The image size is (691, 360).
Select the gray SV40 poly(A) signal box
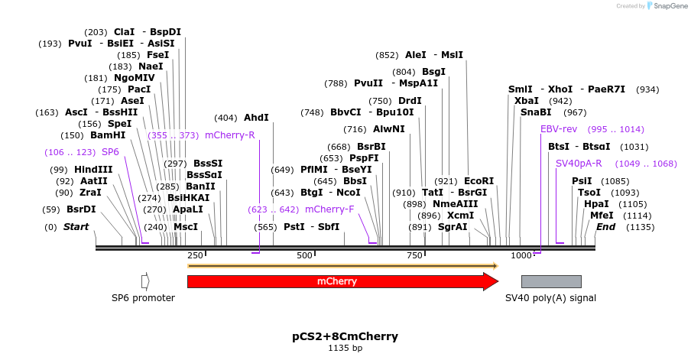(550, 281)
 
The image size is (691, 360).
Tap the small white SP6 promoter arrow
(145, 281)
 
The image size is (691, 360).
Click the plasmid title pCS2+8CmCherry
(345, 336)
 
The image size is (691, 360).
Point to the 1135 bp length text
(345, 349)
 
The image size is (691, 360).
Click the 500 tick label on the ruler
(305, 255)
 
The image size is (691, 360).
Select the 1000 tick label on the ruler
(521, 255)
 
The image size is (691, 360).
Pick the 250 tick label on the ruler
(195, 255)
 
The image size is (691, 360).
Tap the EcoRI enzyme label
(479, 181)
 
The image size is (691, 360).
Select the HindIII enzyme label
(93, 169)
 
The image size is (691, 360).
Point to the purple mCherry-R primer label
(230, 135)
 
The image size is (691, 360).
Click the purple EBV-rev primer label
(559, 129)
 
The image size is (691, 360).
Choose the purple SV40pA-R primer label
(579, 163)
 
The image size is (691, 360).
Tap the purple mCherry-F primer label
(329, 209)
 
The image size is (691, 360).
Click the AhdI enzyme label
(256, 118)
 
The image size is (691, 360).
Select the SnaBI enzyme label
(536, 112)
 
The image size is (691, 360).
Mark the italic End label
(606, 227)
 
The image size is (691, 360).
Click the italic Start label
(76, 227)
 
